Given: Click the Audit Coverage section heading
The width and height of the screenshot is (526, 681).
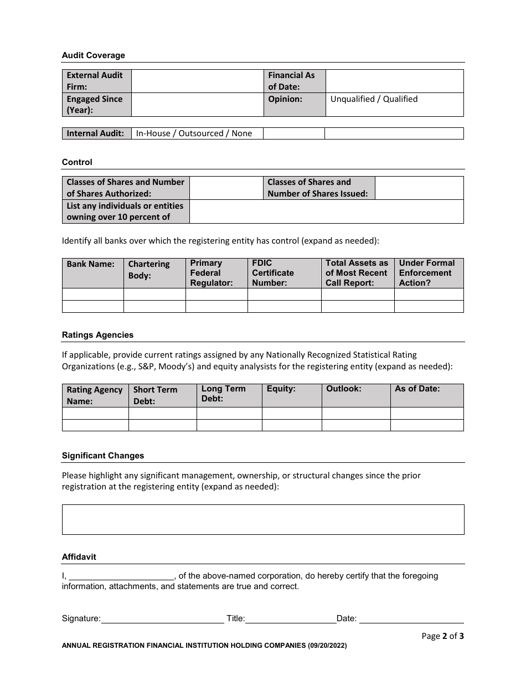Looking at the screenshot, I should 93,55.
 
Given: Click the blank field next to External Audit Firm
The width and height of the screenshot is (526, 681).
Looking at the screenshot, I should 197,81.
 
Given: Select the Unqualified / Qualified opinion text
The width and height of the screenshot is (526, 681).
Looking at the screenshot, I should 374,99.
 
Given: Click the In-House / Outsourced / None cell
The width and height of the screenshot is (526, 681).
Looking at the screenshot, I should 194,133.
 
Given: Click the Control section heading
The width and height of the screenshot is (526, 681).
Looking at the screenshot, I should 77,162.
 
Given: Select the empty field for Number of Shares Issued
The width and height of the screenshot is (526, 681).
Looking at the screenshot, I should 419,188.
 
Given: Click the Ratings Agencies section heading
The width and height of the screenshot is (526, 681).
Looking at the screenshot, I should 97,335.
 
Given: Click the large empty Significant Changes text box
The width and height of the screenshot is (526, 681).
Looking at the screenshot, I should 262,519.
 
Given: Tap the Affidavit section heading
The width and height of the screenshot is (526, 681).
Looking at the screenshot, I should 79,557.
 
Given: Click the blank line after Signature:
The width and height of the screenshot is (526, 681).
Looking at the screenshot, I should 162,618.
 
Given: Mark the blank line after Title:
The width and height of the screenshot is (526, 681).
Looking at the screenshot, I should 290,618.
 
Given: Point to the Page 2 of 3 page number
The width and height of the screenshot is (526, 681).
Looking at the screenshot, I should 442,636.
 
